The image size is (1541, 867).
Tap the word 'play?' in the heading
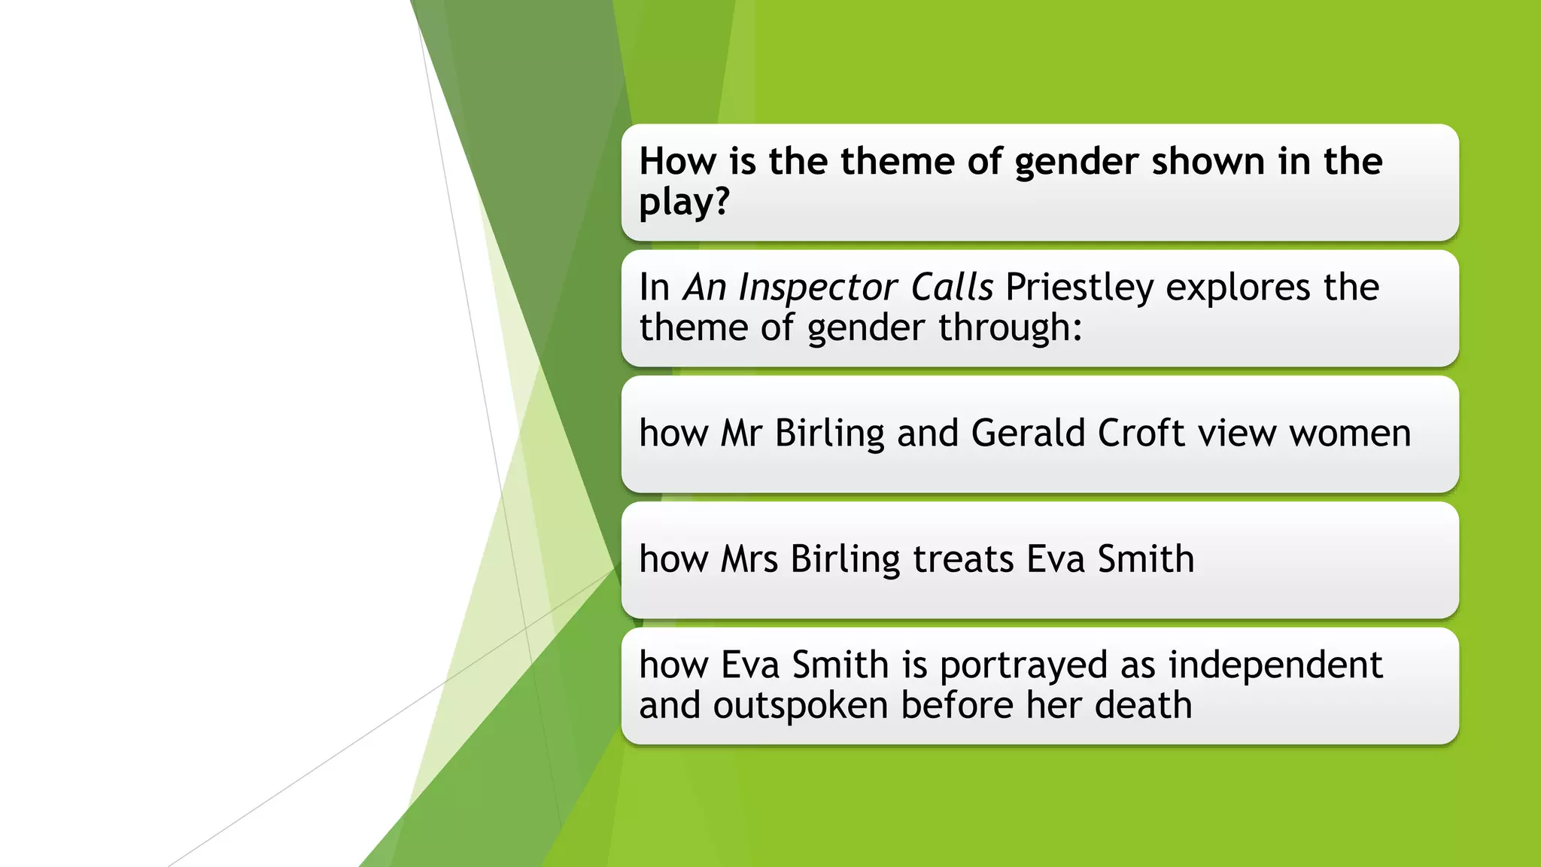pos(684,202)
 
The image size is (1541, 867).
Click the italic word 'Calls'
pos(952,287)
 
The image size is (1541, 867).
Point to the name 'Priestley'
pos(1079,287)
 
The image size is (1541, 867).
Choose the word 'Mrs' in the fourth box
pos(749,559)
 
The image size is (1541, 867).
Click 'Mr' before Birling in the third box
pos(741,433)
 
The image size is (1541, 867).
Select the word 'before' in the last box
pos(956,706)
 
